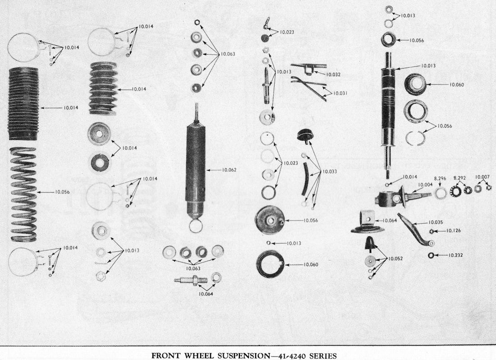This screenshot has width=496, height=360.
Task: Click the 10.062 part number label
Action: click(x=229, y=170)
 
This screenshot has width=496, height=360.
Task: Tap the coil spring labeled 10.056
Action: click(x=24, y=194)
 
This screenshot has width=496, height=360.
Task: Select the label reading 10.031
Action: click(x=340, y=93)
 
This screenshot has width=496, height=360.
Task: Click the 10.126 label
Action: click(x=453, y=231)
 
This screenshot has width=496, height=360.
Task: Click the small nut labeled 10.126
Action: click(x=431, y=231)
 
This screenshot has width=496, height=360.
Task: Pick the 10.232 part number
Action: click(x=455, y=254)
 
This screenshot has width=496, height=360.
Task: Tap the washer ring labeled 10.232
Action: click(x=431, y=255)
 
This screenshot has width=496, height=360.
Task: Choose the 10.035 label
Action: click(x=436, y=222)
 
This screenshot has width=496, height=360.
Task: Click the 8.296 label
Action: click(x=440, y=178)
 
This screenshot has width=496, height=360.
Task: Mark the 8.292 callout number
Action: click(x=459, y=178)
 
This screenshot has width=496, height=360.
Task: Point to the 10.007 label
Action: click(x=482, y=177)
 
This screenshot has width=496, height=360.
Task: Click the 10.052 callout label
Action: click(x=395, y=258)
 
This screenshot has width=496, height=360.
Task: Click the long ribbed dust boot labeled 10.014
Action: click(x=24, y=103)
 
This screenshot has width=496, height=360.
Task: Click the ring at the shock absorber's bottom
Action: click(x=196, y=226)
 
